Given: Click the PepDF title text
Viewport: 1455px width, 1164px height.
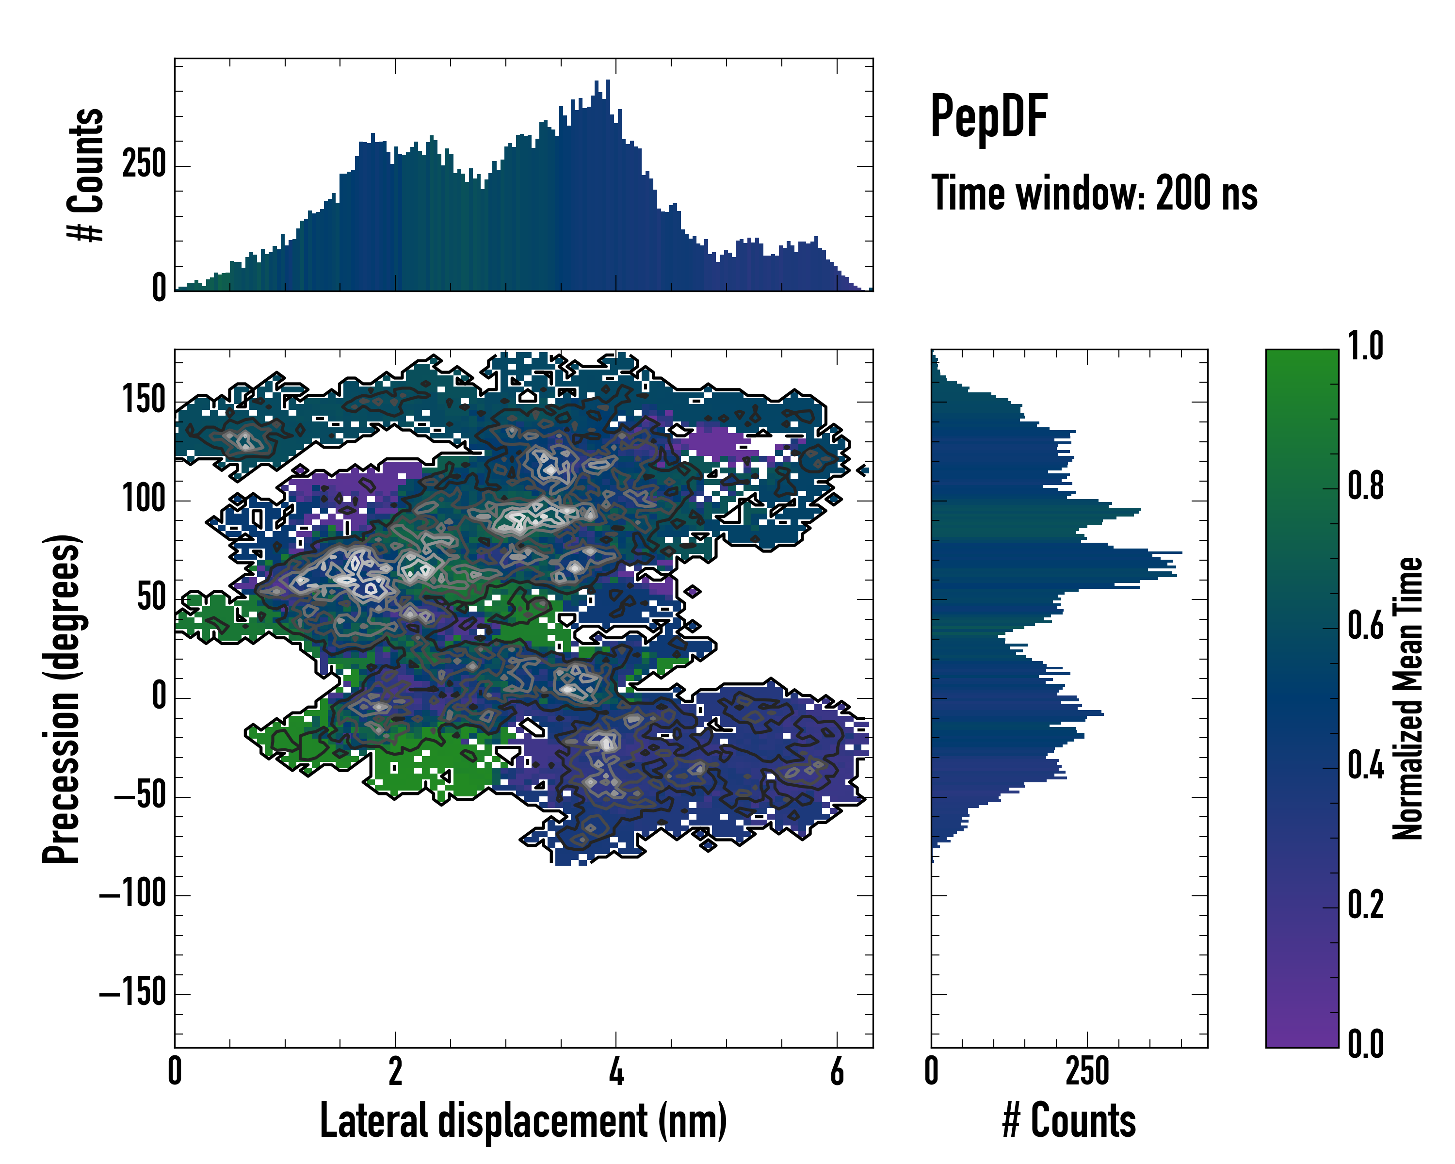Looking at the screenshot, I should coord(988,117).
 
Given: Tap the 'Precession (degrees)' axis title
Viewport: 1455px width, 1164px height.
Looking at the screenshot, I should coord(62,698).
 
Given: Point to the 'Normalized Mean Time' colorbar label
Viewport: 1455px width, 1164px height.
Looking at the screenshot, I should coord(1408,698).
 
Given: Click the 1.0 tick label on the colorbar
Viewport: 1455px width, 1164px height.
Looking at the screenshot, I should coord(1365,347).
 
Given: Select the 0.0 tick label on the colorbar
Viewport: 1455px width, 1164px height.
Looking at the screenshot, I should coord(1365,1044).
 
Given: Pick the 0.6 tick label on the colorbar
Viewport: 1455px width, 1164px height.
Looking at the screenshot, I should coord(1365,626).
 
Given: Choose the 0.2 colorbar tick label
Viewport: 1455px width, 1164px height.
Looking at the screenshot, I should coord(1365,905).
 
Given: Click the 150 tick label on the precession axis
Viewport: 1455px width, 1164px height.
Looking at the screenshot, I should coord(144,400).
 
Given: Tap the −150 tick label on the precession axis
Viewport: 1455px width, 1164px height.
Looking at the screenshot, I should coord(133,993).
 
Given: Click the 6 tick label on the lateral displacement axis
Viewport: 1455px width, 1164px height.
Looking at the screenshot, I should coord(837,1071).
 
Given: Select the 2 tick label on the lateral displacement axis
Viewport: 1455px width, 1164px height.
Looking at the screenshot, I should coord(395,1071).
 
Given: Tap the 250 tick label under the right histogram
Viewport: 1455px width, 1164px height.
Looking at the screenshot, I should coord(1087,1071).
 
